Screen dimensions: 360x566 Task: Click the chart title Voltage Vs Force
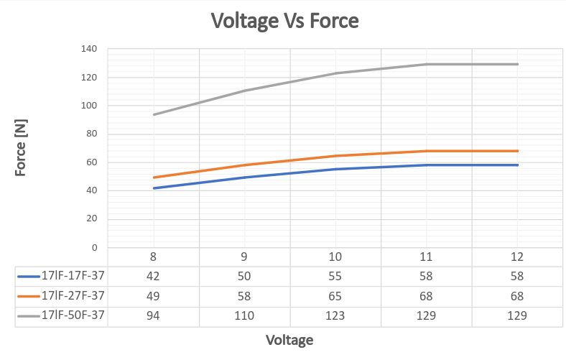click(x=284, y=22)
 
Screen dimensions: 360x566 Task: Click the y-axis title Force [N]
click(x=22, y=149)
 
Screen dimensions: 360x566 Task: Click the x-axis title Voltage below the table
click(x=289, y=340)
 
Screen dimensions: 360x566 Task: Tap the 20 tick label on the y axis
click(x=91, y=219)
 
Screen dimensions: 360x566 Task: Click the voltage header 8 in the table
click(x=153, y=257)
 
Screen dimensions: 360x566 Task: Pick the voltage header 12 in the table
click(x=517, y=257)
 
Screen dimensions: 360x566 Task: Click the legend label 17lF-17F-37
click(x=73, y=276)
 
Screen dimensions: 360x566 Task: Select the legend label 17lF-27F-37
click(x=73, y=295)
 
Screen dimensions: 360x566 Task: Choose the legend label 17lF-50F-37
click(x=73, y=315)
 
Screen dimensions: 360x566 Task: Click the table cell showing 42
click(x=153, y=276)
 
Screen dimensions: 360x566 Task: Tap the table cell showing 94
click(x=153, y=315)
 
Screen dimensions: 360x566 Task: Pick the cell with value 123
click(x=335, y=315)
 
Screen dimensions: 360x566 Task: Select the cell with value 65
click(x=335, y=295)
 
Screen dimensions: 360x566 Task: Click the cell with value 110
click(x=244, y=315)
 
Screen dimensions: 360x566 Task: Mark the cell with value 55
click(x=335, y=276)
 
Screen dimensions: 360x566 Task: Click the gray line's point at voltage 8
click(x=154, y=114)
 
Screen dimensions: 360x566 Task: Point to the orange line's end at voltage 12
click(x=517, y=151)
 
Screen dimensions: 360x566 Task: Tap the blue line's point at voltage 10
click(x=335, y=169)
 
